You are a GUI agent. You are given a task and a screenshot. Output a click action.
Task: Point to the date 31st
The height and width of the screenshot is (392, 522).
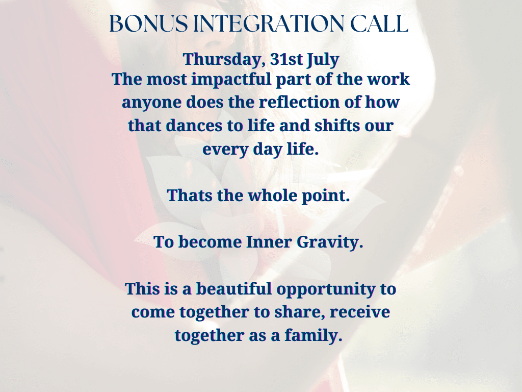click(286, 59)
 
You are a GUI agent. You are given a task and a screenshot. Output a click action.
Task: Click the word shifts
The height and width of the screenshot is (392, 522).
click(333, 126)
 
